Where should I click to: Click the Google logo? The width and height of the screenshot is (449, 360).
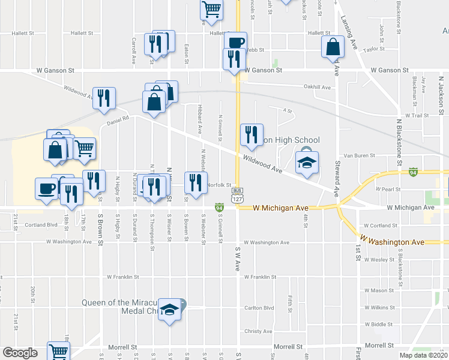(x=20, y=353)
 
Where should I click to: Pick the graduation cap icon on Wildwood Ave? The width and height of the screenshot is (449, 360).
(x=307, y=163)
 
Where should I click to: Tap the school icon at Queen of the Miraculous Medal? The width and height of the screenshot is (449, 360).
(x=170, y=310)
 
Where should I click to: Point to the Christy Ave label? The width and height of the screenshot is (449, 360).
(x=259, y=331)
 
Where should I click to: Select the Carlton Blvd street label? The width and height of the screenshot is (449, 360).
(x=259, y=308)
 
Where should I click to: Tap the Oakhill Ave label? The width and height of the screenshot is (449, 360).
(x=318, y=87)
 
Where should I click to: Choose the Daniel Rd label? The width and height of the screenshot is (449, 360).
(x=118, y=120)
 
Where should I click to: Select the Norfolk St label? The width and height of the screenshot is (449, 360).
(x=220, y=185)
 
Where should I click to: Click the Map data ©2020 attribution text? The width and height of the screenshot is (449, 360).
(x=424, y=355)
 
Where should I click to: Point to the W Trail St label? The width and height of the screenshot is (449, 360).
(x=418, y=115)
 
